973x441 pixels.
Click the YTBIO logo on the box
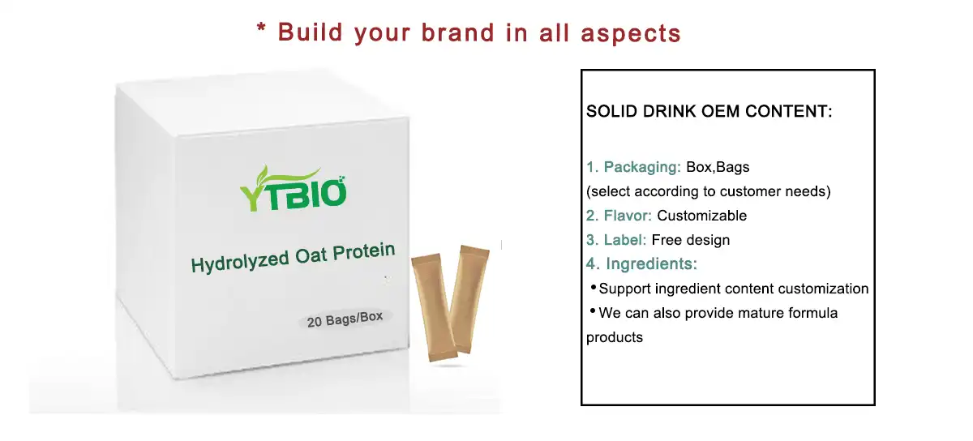[x=294, y=191]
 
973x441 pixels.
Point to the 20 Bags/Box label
[x=345, y=319]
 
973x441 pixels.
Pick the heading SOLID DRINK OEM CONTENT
[x=709, y=112]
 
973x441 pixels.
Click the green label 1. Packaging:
[x=633, y=168]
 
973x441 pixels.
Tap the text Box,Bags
[x=718, y=168]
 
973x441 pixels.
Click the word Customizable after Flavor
[x=701, y=216]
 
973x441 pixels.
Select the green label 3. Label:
[x=616, y=240]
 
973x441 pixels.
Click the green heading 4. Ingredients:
[x=641, y=263]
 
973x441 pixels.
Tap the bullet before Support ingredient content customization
[x=592, y=288]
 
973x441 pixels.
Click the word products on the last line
[x=614, y=337]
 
